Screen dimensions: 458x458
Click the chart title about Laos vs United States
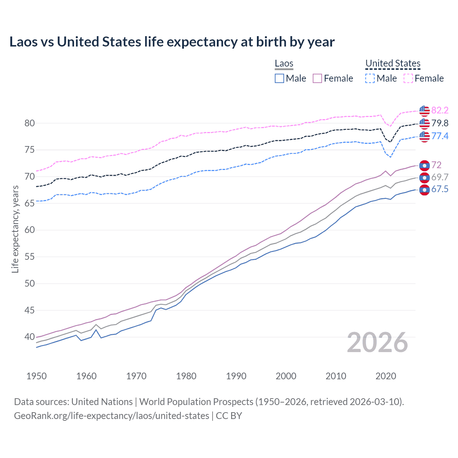point(172,42)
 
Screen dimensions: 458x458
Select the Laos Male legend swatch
point(279,78)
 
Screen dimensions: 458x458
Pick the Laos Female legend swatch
point(317,78)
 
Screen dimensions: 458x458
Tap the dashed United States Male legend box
point(370,78)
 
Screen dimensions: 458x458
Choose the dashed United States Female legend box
point(408,78)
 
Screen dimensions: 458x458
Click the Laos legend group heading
point(284,64)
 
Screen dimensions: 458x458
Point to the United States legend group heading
point(393,64)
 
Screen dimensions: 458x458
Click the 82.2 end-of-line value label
point(440,110)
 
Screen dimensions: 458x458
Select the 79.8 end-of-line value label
point(440,123)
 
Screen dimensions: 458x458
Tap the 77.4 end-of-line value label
point(440,136)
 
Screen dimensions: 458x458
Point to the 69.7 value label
point(440,177)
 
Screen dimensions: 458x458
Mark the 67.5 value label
point(440,189)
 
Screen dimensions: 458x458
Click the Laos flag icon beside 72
point(424,165)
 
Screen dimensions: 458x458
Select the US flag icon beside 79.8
point(424,123)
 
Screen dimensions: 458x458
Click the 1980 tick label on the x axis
point(186,376)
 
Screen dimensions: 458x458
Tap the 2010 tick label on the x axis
point(336,376)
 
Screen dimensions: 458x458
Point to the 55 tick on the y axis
point(30,257)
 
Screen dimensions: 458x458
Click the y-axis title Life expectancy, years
point(15,229)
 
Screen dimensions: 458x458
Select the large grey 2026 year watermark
point(377,342)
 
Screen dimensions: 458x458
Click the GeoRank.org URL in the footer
point(112,416)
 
